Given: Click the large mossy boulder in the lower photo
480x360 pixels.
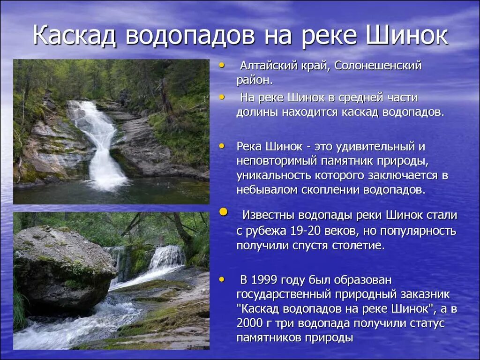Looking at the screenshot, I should coord(61,267).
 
